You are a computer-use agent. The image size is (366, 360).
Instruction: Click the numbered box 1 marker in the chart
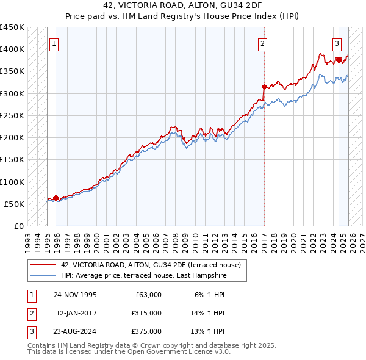pos(55,43)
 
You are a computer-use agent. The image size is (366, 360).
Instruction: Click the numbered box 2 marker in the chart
pos(262,43)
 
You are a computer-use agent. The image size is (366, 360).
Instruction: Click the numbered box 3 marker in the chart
pos(337,43)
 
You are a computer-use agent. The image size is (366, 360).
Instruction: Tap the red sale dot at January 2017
pos(264,87)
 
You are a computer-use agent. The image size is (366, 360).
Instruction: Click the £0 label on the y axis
pos(19,226)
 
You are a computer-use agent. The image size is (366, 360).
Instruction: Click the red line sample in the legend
pos(44,265)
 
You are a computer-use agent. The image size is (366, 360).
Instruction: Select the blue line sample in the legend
pos(44,275)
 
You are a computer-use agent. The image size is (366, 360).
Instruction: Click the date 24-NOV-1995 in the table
pos(75,294)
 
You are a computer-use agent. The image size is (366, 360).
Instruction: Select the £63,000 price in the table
pos(148,294)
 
